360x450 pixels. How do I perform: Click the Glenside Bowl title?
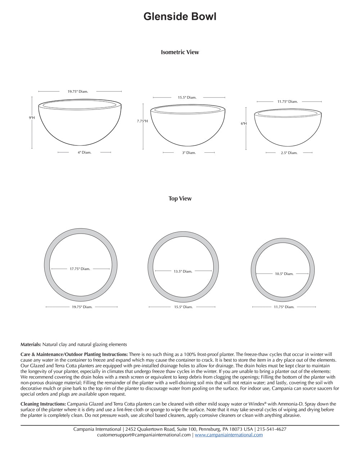[x=180, y=17]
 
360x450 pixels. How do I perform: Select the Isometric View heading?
[x=180, y=52]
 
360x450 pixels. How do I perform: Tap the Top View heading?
[x=180, y=199]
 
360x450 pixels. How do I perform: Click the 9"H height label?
[x=32, y=118]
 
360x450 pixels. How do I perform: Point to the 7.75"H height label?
[x=142, y=121]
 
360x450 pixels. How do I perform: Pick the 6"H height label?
[x=244, y=123]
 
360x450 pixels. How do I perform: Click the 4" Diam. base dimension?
[x=85, y=152]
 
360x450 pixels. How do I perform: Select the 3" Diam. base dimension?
[x=189, y=153]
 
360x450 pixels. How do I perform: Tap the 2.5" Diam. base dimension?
[x=289, y=153]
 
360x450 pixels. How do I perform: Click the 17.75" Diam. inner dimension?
[x=80, y=269]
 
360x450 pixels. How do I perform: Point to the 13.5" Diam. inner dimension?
[x=183, y=271]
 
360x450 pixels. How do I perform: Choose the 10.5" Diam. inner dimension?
[x=284, y=274]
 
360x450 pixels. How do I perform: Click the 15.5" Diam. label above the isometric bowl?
[x=187, y=98]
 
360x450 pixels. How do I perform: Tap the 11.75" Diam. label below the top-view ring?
[x=284, y=307]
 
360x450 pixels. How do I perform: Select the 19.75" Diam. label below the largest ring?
[x=82, y=307]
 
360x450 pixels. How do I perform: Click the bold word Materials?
[x=31, y=345]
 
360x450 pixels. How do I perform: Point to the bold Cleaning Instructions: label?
[x=43, y=404]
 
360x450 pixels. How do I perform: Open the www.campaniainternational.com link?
[x=229, y=435]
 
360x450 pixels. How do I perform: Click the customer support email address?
[x=144, y=435]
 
